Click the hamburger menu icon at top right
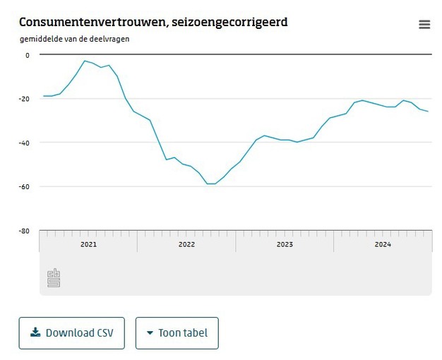pos(424,25)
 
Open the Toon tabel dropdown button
pos(177,333)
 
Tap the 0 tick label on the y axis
pos(28,55)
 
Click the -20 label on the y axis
pos(25,99)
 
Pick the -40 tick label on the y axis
pos(25,143)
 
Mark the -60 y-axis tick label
pos(25,186)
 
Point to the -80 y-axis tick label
pos(25,230)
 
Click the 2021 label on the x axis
pos(88,245)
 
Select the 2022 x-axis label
pos(186,245)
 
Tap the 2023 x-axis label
pos(285,245)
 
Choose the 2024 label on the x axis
pos(383,245)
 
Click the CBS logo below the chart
pos(54,278)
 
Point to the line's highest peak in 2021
pos(84,61)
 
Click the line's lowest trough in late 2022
pos(211,184)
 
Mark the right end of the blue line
pos(428,112)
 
